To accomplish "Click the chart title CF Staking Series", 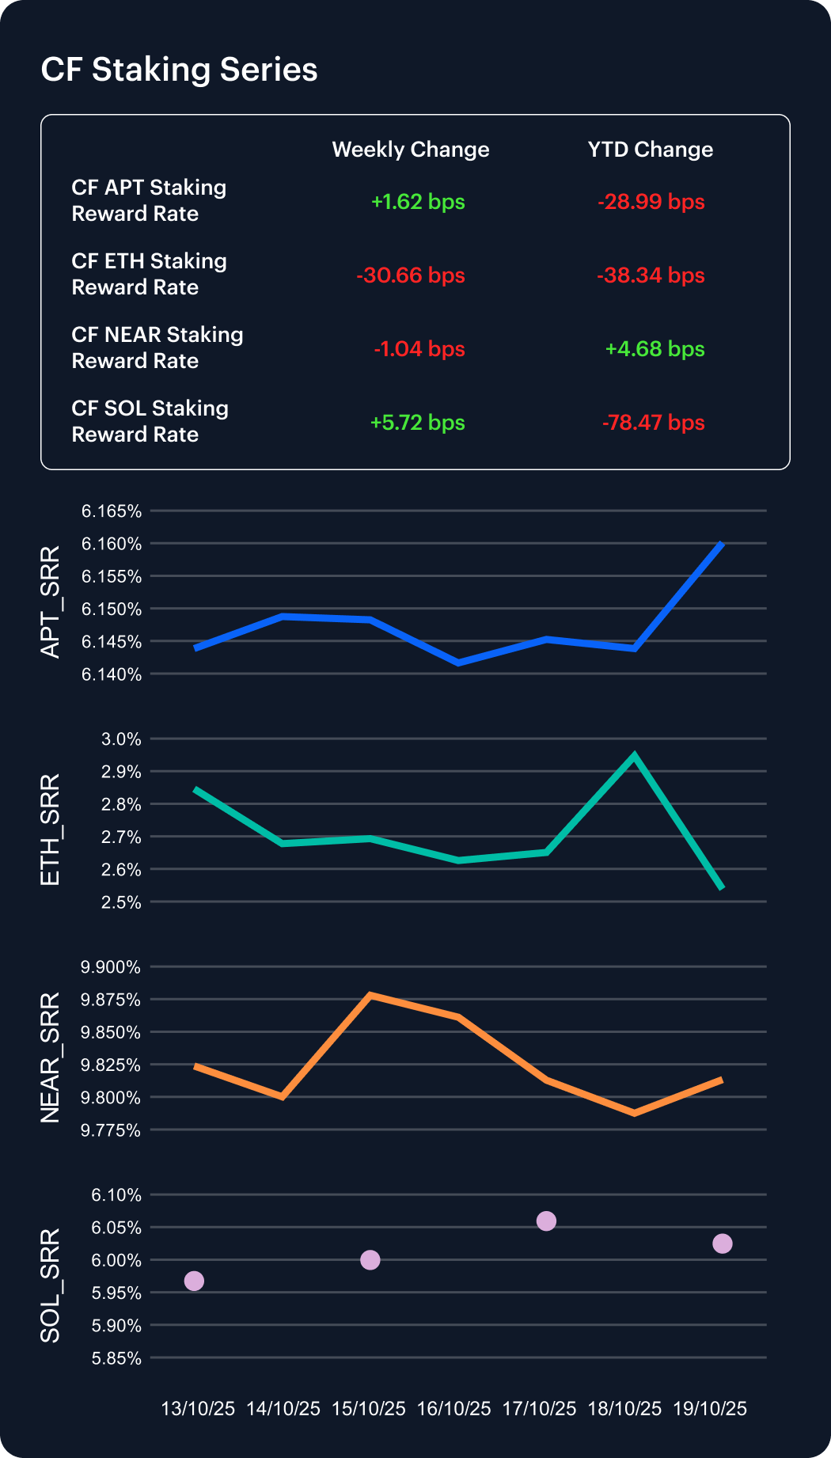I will click(179, 70).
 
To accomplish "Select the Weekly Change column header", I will click(410, 150).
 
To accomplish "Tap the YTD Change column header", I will click(650, 150).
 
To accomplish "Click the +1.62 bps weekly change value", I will click(417, 202).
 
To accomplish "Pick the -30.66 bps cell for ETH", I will click(410, 275).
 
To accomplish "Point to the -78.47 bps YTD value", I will click(652, 423).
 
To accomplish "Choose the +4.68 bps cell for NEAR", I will click(655, 349).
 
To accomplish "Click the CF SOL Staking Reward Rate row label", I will click(150, 421).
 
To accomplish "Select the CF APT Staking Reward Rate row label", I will click(149, 200).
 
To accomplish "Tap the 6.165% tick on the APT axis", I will click(112, 511).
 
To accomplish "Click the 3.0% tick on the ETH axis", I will click(121, 739).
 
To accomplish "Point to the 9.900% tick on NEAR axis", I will click(111, 967).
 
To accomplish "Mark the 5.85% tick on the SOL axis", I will click(116, 1359).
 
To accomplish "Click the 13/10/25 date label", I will click(198, 1409).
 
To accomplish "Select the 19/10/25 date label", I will click(710, 1409).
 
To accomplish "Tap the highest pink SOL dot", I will click(546, 1221).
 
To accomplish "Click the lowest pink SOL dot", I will click(194, 1281).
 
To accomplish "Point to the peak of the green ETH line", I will click(634, 755).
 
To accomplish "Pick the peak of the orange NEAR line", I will click(370, 995).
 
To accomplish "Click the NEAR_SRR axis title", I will click(50, 1057).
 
